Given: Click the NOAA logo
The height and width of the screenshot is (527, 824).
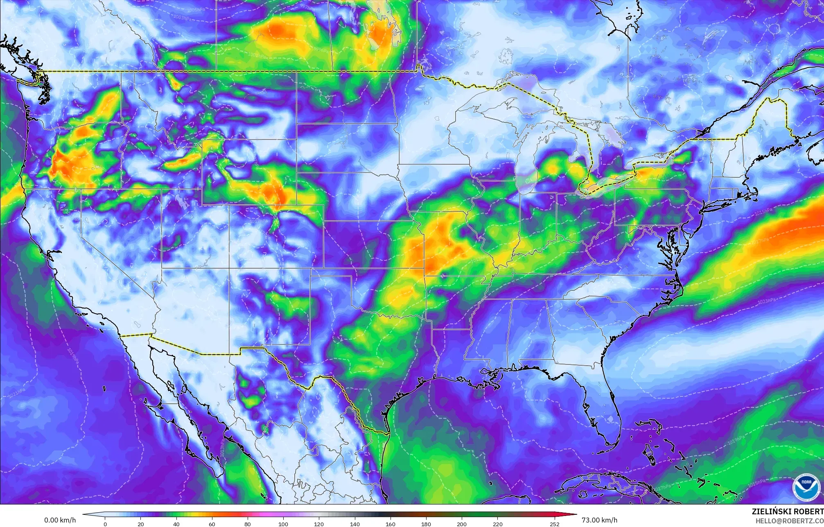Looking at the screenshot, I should [806, 487].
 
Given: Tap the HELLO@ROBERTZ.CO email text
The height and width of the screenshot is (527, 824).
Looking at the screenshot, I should [789, 521].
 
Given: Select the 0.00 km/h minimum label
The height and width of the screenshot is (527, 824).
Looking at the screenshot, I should [60, 520].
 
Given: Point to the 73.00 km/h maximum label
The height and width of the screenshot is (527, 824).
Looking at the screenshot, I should [599, 520].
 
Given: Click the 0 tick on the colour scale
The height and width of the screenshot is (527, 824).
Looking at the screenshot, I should [105, 524].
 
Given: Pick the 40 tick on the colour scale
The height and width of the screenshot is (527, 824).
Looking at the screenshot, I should [176, 524].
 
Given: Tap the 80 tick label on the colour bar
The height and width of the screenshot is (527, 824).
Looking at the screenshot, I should [248, 524].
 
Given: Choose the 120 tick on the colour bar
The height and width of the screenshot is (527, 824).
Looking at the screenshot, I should [319, 524].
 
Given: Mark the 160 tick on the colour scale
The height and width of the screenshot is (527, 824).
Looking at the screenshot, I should [390, 524].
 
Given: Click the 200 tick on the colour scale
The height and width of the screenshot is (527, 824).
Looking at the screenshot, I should [461, 524].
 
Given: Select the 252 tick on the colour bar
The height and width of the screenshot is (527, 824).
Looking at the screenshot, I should [554, 524].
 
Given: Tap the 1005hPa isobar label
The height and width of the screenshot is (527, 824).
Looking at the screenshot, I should [196, 9].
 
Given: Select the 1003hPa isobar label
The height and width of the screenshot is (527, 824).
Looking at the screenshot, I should [183, 17].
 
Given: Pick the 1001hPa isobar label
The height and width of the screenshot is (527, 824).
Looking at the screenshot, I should [257, 55].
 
